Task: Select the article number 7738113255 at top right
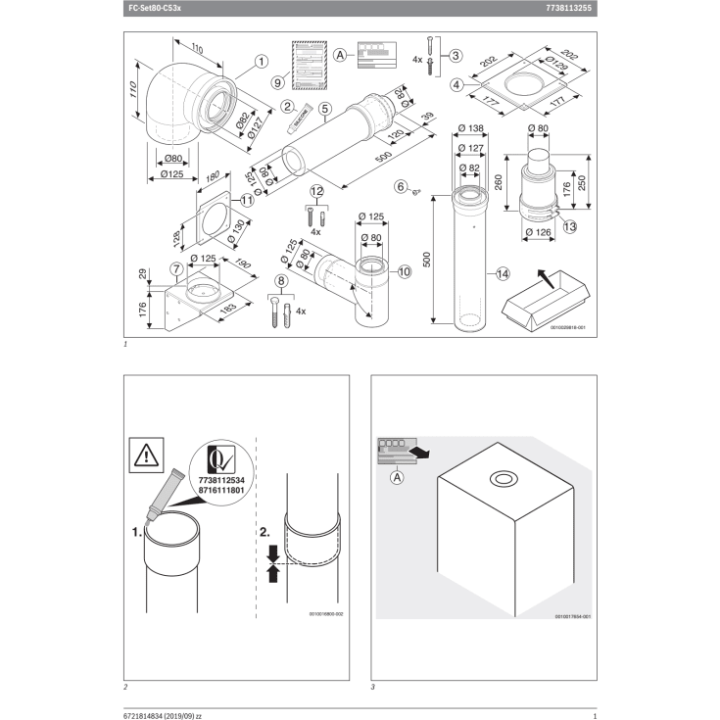click(x=567, y=8)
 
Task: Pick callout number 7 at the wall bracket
click(x=174, y=267)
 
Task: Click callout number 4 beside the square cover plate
click(x=457, y=85)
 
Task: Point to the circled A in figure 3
click(x=397, y=478)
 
